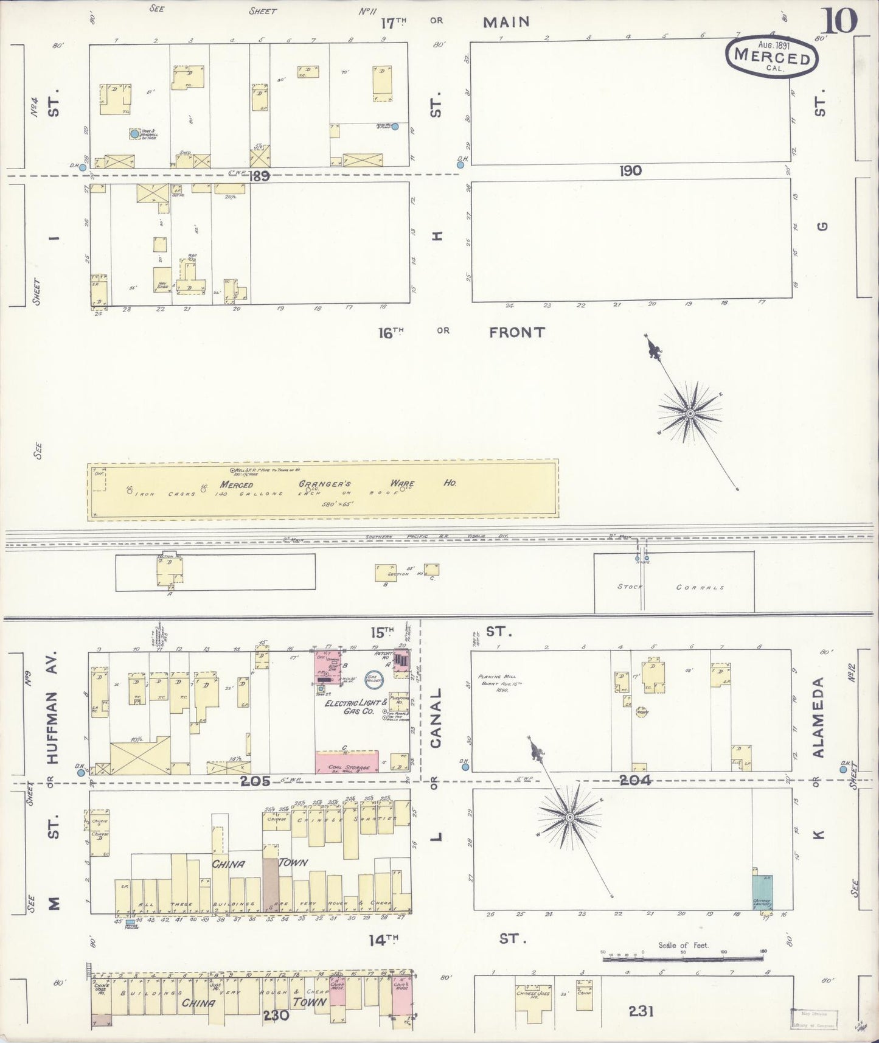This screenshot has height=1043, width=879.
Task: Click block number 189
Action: point(259,176)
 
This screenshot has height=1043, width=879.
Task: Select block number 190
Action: point(630,171)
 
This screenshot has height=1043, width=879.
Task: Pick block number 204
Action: point(636,780)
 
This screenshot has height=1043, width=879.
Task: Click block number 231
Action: point(641,1011)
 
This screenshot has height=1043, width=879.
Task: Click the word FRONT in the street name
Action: point(516,332)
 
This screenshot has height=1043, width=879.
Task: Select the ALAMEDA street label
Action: point(819,718)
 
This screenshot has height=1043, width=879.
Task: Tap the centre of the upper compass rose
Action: point(690,414)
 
